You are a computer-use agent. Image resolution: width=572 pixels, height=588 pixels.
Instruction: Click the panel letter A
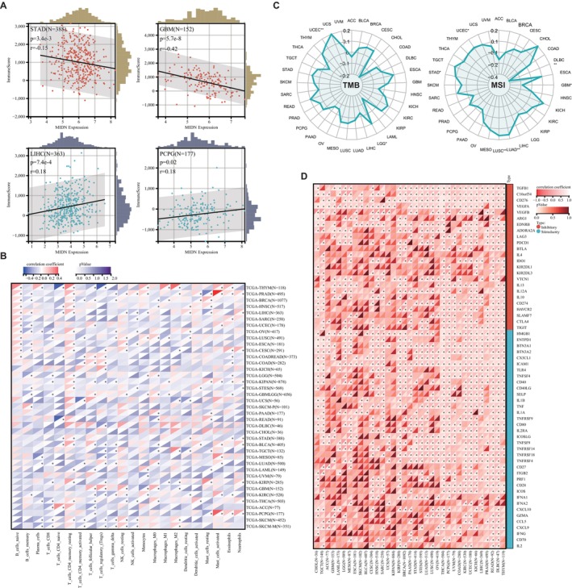(x=5, y=6)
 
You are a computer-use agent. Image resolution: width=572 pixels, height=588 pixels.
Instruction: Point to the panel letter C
(x=298, y=6)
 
